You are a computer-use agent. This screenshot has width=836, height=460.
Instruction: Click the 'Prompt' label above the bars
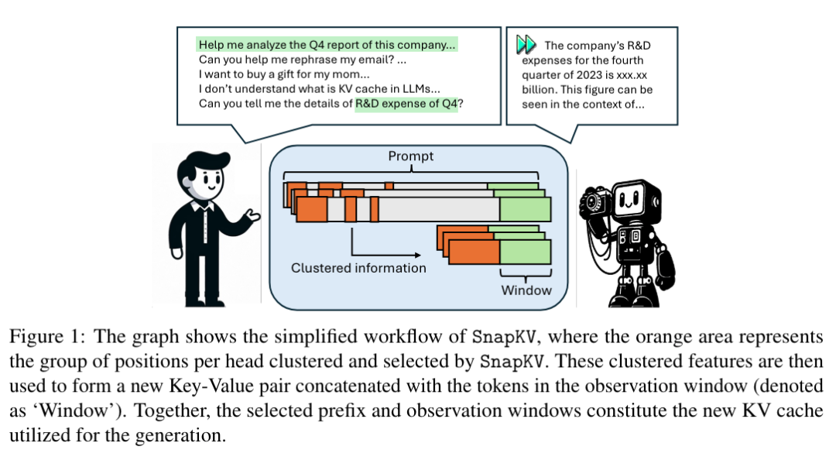[x=410, y=156]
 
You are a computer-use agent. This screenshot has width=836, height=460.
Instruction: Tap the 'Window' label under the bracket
[x=526, y=290]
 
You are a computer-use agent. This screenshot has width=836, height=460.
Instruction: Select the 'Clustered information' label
[x=358, y=268]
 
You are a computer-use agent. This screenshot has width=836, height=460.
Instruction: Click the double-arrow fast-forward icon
[x=526, y=44]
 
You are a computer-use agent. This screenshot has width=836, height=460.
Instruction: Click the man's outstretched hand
[x=251, y=215]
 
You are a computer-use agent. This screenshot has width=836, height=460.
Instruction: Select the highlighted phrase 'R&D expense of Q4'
[x=406, y=104]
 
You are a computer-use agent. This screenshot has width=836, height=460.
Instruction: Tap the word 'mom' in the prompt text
[x=347, y=74]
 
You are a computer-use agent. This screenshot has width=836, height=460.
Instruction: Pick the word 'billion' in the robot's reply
[x=539, y=90]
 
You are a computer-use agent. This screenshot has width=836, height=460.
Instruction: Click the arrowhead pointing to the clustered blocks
[x=417, y=255]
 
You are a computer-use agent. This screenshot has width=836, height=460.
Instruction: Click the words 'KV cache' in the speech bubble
[x=362, y=89]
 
